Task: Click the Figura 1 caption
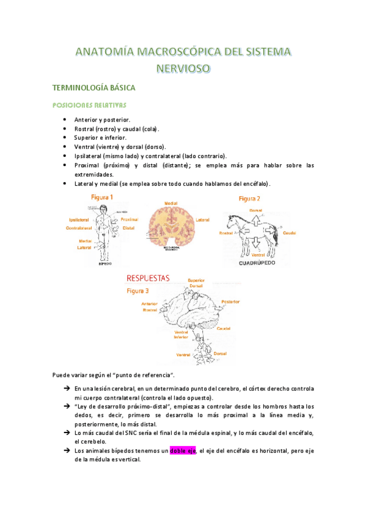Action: (101, 197)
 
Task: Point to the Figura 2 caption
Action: (249, 199)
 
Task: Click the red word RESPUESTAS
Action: (148, 278)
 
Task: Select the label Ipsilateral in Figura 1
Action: (81, 219)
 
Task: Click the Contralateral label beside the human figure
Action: (83, 228)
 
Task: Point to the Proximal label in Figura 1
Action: (129, 219)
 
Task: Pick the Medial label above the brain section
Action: (171, 203)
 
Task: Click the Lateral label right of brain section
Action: (203, 219)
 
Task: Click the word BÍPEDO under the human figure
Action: (106, 264)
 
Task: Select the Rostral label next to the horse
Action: (227, 233)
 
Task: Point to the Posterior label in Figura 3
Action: (230, 302)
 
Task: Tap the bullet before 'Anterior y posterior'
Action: (65, 120)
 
